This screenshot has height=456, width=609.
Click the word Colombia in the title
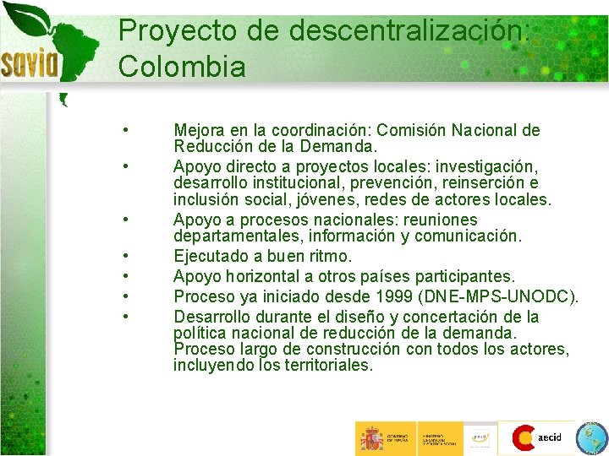[x=182, y=66]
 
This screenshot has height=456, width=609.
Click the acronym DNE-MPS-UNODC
[x=514, y=296]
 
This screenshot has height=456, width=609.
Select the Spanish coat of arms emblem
[x=371, y=438]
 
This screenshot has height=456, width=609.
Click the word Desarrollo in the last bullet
[x=213, y=317]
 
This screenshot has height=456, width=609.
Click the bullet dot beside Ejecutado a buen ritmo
[x=125, y=256]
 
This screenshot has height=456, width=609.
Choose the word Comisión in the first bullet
[x=411, y=131]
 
